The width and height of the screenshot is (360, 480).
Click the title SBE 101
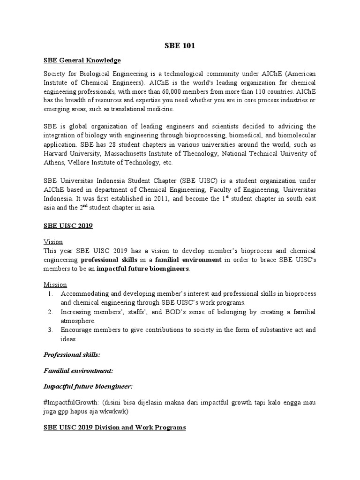point(180,46)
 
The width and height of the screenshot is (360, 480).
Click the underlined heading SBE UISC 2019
point(68,226)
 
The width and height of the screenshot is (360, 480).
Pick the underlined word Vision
point(53,242)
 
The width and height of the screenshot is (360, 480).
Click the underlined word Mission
point(55,285)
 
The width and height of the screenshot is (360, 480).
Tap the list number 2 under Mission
point(50,312)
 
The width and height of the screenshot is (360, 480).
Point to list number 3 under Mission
point(50,330)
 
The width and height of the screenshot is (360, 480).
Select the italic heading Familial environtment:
point(78,370)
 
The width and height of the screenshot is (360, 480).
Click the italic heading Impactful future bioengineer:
point(88,387)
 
